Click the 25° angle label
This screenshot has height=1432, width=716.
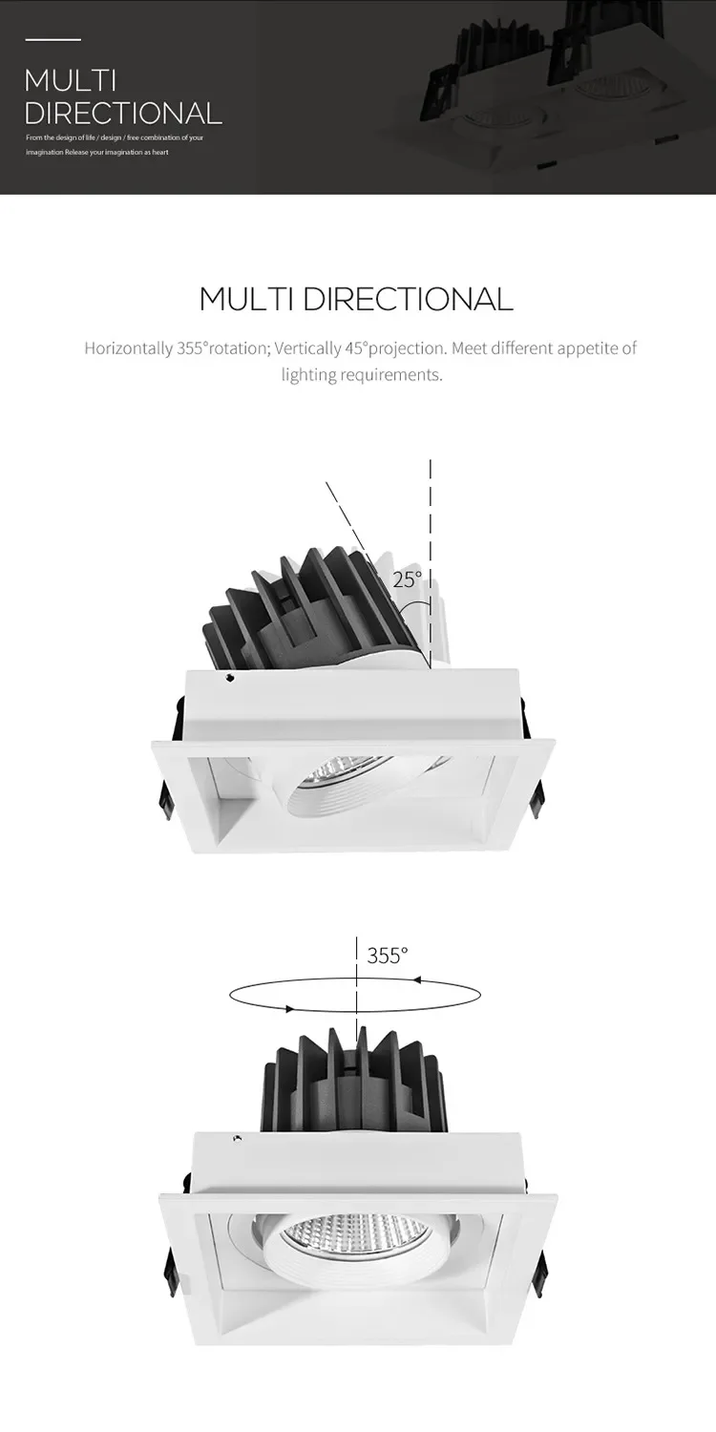(x=408, y=579)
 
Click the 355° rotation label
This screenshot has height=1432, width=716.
(x=388, y=956)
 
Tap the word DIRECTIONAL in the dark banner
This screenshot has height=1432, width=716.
(x=123, y=113)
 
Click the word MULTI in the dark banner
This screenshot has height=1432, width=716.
(x=71, y=81)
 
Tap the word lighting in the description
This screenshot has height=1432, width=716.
(x=308, y=375)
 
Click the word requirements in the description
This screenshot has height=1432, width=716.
(x=390, y=375)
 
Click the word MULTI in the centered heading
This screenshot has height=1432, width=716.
(x=247, y=299)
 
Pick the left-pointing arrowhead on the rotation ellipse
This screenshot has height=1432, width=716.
(x=417, y=979)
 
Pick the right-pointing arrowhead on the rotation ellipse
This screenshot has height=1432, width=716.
(x=289, y=1009)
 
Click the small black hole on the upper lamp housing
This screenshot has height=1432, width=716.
(x=230, y=677)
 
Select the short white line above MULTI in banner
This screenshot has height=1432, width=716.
(x=53, y=40)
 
